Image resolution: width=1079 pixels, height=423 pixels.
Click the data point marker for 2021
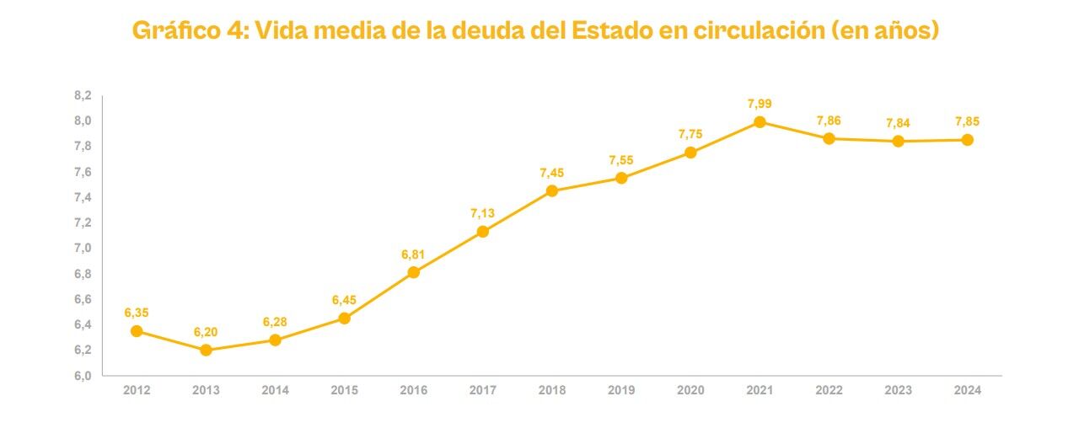[760, 122]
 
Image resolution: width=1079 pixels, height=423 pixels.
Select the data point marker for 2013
[206, 350]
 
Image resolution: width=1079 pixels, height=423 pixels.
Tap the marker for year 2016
[413, 272]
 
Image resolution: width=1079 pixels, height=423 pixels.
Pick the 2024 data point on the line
[967, 140]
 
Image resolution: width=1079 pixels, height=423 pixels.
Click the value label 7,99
[760, 104]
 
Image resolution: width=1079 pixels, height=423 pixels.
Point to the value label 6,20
[206, 332]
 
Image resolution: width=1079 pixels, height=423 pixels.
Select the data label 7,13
[483, 213]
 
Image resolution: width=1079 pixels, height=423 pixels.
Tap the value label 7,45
[552, 173]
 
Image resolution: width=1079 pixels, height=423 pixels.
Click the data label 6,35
[137, 313]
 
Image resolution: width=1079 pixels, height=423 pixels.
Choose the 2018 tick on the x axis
[552, 390]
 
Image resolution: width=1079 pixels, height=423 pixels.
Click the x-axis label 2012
[137, 390]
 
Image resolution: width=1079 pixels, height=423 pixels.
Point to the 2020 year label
[690, 390]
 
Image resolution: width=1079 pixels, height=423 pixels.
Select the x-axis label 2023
[898, 390]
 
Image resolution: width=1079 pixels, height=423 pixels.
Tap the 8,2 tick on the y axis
[82, 96]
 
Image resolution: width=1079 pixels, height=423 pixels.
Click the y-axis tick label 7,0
[82, 249]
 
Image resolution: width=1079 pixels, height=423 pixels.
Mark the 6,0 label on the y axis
[82, 376]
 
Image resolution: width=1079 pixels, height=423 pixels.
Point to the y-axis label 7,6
[82, 173]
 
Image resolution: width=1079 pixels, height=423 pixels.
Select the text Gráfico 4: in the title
[189, 31]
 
